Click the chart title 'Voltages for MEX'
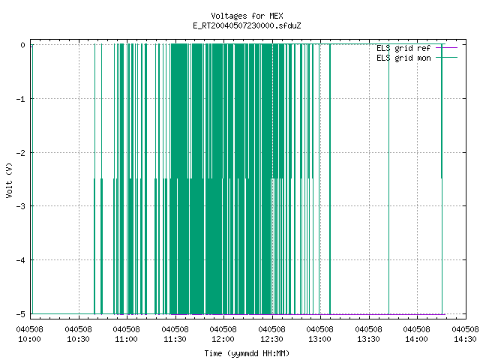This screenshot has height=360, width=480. pos(247,16)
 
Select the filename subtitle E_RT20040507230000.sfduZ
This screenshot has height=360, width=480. pos(247,25)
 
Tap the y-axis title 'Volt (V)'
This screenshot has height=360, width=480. pos(9,180)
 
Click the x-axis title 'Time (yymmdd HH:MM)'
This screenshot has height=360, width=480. pos(247,353)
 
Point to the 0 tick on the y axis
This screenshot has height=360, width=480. pos(22,45)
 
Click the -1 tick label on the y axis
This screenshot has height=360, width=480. pos(21,99)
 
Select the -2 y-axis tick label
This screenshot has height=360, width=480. pos(21,153)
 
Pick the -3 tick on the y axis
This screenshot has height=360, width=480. pos(21,206)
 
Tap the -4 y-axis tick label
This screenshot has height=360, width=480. pos(21,260)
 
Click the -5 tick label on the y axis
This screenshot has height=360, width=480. pos(21,314)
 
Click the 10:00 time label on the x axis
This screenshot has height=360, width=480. pos(29,339)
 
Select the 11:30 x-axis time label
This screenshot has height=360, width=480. pos(175,339)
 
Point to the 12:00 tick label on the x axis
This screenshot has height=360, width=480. pos(223,339)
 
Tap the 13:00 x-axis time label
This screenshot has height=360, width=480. pos(320,339)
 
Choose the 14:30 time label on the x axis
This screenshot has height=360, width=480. pos(465,339)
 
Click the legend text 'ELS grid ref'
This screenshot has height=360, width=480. pos(403,48)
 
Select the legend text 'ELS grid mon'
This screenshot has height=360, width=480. pos(403,58)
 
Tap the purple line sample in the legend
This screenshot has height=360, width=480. pos(447,48)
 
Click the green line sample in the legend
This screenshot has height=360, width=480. pos(447,58)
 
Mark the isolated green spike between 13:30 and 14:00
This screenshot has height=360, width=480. pos(388,179)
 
